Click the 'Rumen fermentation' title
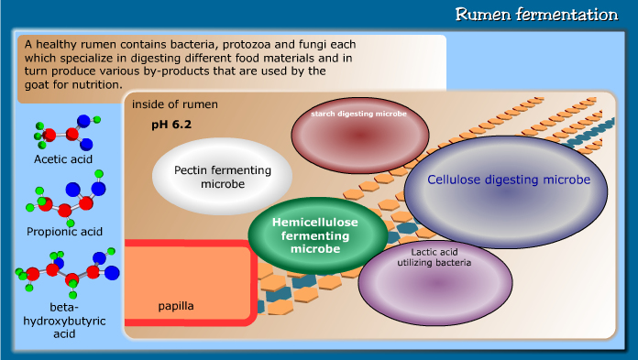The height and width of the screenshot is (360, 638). (537, 15)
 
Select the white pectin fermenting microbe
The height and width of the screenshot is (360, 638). (223, 178)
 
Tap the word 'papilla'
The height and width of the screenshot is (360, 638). (176, 305)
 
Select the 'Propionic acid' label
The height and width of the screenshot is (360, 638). (65, 230)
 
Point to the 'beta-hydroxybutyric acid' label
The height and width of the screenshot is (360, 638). (65, 320)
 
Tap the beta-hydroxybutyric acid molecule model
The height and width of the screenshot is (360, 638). (67, 270)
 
